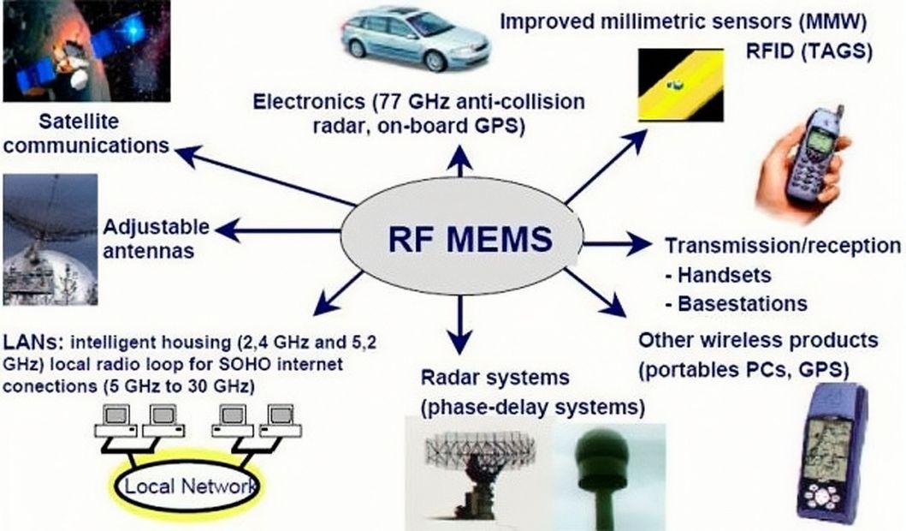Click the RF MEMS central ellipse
pos(461,238)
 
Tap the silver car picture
pos(416,39)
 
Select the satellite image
pos(86,51)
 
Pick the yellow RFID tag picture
pos(681,85)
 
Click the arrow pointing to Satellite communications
pos(265,176)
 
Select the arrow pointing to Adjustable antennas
pos(277,230)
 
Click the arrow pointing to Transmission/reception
pos(616,243)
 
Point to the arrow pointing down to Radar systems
pos(460,324)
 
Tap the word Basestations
pos(743,304)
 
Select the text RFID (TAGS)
pos(809,51)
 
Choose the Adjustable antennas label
pos(156,238)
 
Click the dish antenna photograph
pos(50,240)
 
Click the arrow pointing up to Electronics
pos(460,160)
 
